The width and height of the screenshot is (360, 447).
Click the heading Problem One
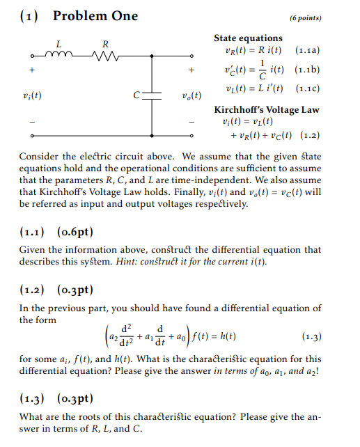[x=95, y=16]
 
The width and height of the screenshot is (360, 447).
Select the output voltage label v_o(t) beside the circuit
[x=191, y=95]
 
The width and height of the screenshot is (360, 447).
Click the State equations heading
[x=248, y=38]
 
